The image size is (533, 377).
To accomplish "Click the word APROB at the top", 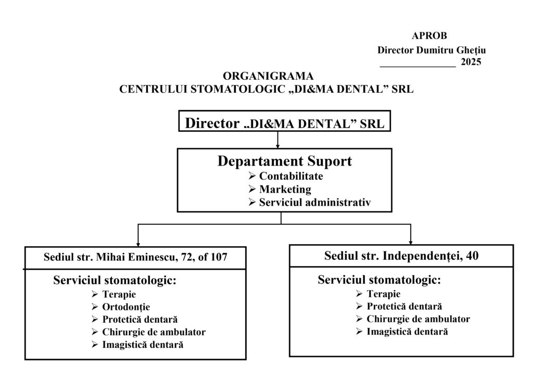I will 429,35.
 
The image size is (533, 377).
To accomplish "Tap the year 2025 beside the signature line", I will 471,62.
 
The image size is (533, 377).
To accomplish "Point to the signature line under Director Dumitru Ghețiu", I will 417,66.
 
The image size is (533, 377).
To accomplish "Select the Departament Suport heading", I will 284,161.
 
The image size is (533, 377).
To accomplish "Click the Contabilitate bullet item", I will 291,176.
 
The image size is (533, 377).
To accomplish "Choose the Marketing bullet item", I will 285,189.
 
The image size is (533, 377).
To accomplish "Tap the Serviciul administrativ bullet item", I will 315,202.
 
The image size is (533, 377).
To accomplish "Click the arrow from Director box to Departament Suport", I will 278,140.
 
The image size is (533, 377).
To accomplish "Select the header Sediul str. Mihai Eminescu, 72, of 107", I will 135,257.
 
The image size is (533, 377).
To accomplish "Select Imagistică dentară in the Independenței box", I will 407,332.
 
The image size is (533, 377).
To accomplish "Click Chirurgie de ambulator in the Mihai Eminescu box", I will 154,332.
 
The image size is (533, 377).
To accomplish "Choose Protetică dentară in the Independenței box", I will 404,306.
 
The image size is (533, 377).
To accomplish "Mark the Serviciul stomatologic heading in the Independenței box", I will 379,280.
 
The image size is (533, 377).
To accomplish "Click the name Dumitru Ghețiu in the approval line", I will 451,51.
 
